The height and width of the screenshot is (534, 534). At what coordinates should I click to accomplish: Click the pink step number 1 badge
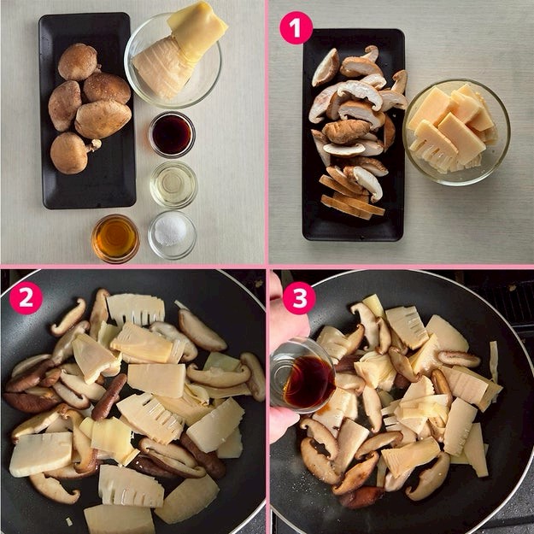[x=296, y=27]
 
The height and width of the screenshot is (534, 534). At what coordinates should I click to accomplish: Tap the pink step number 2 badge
[x=26, y=298]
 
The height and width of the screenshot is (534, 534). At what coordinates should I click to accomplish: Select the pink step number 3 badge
[x=299, y=298]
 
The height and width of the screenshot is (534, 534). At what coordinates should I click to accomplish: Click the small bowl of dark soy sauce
[x=172, y=134]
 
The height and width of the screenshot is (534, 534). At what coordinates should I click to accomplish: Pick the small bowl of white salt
[x=172, y=235]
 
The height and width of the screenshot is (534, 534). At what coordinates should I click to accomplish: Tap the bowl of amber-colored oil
[x=115, y=238]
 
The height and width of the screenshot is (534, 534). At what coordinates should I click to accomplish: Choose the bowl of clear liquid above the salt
[x=173, y=185]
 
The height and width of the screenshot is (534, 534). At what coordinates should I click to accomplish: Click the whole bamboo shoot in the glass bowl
[x=179, y=51]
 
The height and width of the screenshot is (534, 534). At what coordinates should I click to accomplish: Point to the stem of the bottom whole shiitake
[x=94, y=145]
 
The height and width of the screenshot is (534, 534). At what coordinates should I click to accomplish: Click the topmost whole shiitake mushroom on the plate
[x=79, y=62]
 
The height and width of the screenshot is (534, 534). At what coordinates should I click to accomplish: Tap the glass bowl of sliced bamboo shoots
[x=456, y=132]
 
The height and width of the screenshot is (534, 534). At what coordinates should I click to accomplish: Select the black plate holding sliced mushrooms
[x=353, y=135]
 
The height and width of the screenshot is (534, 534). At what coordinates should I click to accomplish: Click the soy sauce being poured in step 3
[x=308, y=382]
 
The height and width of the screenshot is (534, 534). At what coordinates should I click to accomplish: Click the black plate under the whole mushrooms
[x=87, y=111]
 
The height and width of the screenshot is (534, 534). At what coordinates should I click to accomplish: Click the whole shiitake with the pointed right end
[x=103, y=119]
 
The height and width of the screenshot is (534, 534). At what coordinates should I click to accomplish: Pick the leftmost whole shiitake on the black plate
[x=64, y=106]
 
